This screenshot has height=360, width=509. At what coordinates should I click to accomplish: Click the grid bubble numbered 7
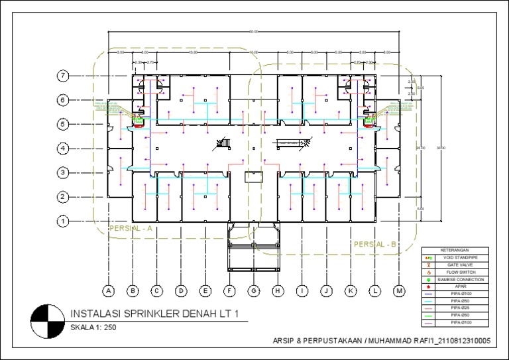63,76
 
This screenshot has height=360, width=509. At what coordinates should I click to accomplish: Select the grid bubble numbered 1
63,221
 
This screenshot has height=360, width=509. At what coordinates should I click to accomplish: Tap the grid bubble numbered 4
63,149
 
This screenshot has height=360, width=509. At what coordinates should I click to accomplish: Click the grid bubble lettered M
399,290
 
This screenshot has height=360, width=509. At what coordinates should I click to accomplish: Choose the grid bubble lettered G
254,290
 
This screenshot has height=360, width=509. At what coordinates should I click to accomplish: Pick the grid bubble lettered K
351,290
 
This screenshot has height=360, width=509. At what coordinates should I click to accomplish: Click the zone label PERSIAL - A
131,228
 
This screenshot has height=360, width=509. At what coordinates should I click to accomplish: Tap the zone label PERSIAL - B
375,245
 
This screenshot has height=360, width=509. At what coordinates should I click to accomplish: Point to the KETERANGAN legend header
457,249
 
